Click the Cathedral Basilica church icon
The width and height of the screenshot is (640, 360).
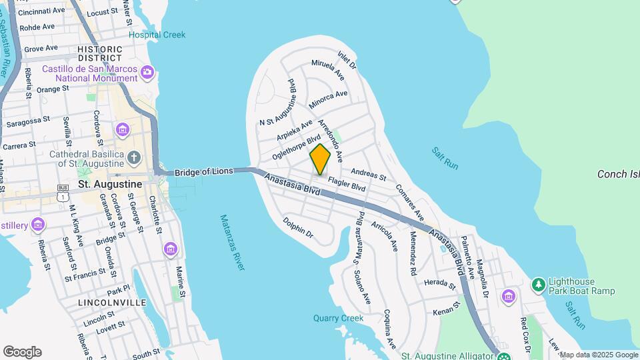tap(134, 158)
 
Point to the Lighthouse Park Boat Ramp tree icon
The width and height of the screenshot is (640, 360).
tap(538, 285)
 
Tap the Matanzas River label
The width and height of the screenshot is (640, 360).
tap(232, 243)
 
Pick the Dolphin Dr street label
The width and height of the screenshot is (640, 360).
tap(298, 227)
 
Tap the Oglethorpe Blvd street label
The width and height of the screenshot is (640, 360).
tap(292, 145)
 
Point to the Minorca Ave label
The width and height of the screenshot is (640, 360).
tap(328, 99)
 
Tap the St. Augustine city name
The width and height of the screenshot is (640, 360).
tap(110, 183)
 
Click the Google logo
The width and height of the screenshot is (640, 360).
tap(22, 351)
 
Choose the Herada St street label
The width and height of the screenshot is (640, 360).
tap(439, 283)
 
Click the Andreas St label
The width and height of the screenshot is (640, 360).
tap(368, 174)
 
